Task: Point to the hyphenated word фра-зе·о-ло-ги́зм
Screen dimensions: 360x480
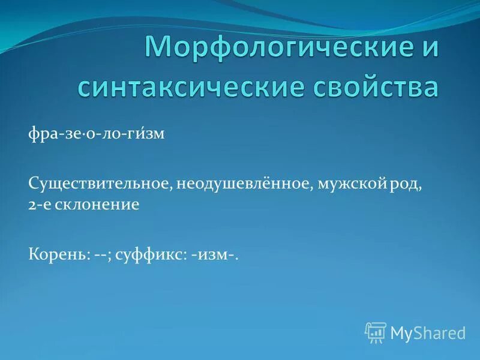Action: tap(96, 134)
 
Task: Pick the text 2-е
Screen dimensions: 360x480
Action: tap(40, 205)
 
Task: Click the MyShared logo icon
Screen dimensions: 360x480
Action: tap(376, 332)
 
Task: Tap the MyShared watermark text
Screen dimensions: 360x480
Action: tap(428, 332)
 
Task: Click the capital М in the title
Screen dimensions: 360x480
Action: tap(158, 46)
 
